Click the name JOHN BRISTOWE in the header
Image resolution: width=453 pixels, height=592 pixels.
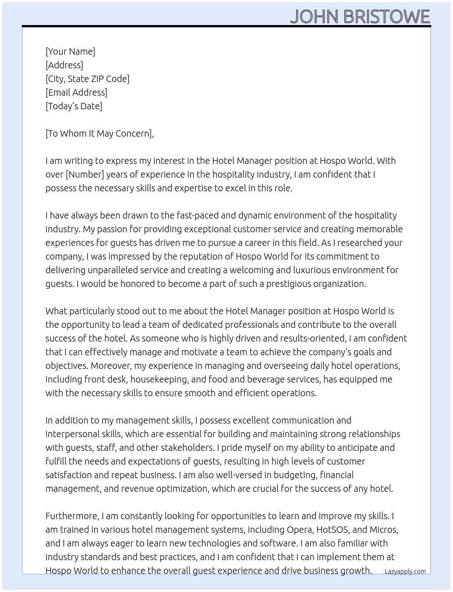(x=360, y=16)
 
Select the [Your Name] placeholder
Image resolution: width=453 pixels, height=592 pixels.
(x=70, y=51)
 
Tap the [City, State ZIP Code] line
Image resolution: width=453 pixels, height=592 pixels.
(x=87, y=79)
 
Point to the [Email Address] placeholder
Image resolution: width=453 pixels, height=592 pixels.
(x=76, y=92)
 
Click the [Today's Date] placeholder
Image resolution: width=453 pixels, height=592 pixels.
(x=74, y=106)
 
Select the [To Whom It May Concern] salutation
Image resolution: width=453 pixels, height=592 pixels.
(x=99, y=133)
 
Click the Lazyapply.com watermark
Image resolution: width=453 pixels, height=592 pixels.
(x=405, y=572)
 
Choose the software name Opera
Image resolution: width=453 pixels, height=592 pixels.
(x=299, y=530)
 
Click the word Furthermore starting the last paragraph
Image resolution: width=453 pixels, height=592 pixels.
(x=72, y=516)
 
